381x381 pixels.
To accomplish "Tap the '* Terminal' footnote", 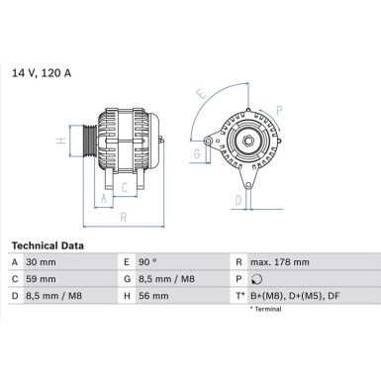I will click(264, 310).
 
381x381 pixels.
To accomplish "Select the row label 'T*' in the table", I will click(238, 296).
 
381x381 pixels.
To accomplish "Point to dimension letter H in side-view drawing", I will click(61, 141).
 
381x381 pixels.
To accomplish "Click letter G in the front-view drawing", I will click(196, 153).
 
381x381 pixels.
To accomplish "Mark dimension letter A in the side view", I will click(103, 197).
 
